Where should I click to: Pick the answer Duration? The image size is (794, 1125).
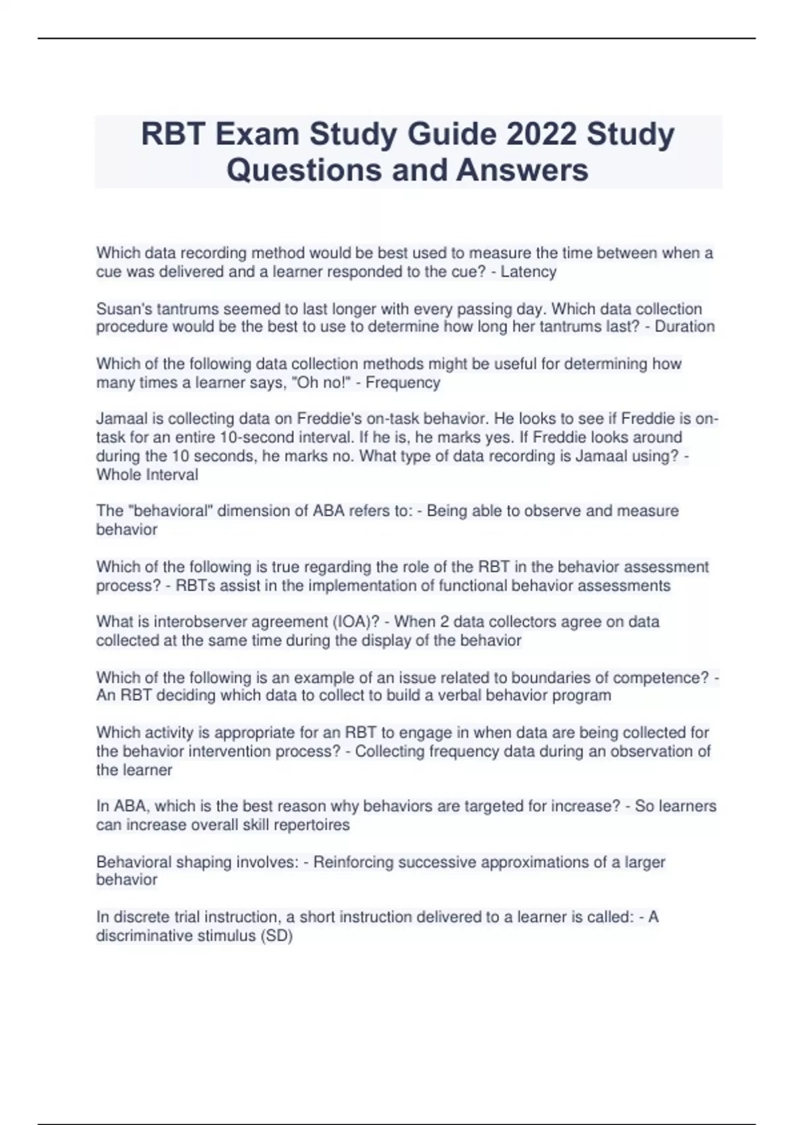pos(684,326)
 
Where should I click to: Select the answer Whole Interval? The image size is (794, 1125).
pos(147,474)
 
